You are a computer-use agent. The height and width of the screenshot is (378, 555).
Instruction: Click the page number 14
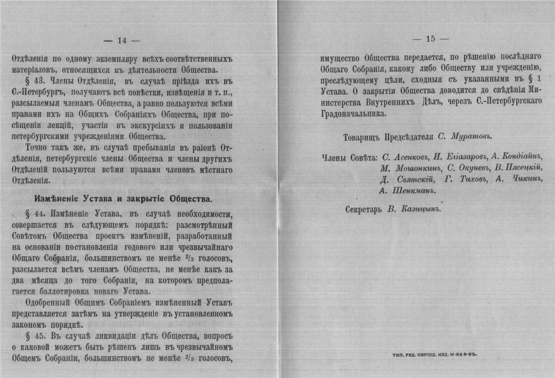pyautogui.click(x=122, y=40)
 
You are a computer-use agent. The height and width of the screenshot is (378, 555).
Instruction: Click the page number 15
pyautogui.click(x=430, y=39)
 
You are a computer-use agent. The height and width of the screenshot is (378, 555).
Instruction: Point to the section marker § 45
pyautogui.click(x=35, y=335)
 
